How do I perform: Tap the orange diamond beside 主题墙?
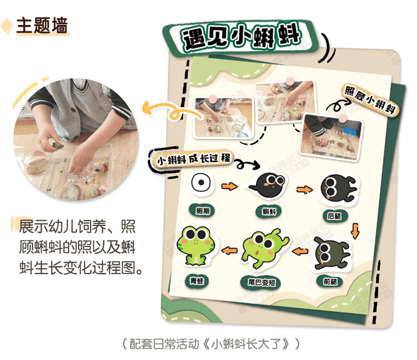click(x=8, y=26)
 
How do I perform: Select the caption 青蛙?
click(x=195, y=277)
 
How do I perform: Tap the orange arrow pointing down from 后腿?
click(x=356, y=229)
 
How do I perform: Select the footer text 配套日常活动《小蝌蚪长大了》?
click(x=208, y=345)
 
